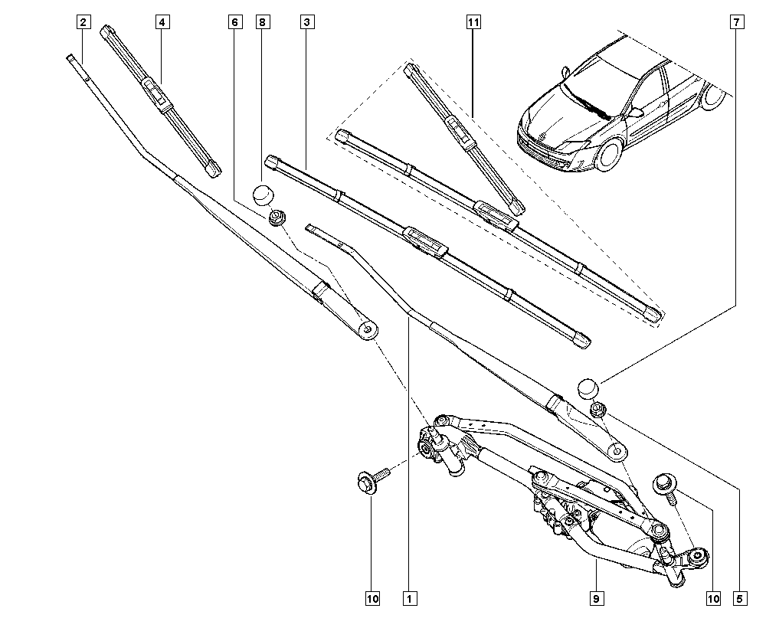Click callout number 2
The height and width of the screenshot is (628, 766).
[82, 22]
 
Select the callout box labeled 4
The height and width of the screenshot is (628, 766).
[162, 22]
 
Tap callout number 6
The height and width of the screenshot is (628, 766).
[234, 22]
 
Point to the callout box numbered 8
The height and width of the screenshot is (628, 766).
[263, 22]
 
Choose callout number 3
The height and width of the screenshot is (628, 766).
[306, 22]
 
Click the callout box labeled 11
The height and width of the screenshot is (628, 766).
[473, 22]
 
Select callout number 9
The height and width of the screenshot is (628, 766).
[595, 598]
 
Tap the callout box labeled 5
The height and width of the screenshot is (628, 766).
[739, 598]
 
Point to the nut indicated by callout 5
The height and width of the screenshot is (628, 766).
[600, 410]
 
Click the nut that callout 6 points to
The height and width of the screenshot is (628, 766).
[277, 218]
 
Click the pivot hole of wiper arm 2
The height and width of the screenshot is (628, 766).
[368, 329]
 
